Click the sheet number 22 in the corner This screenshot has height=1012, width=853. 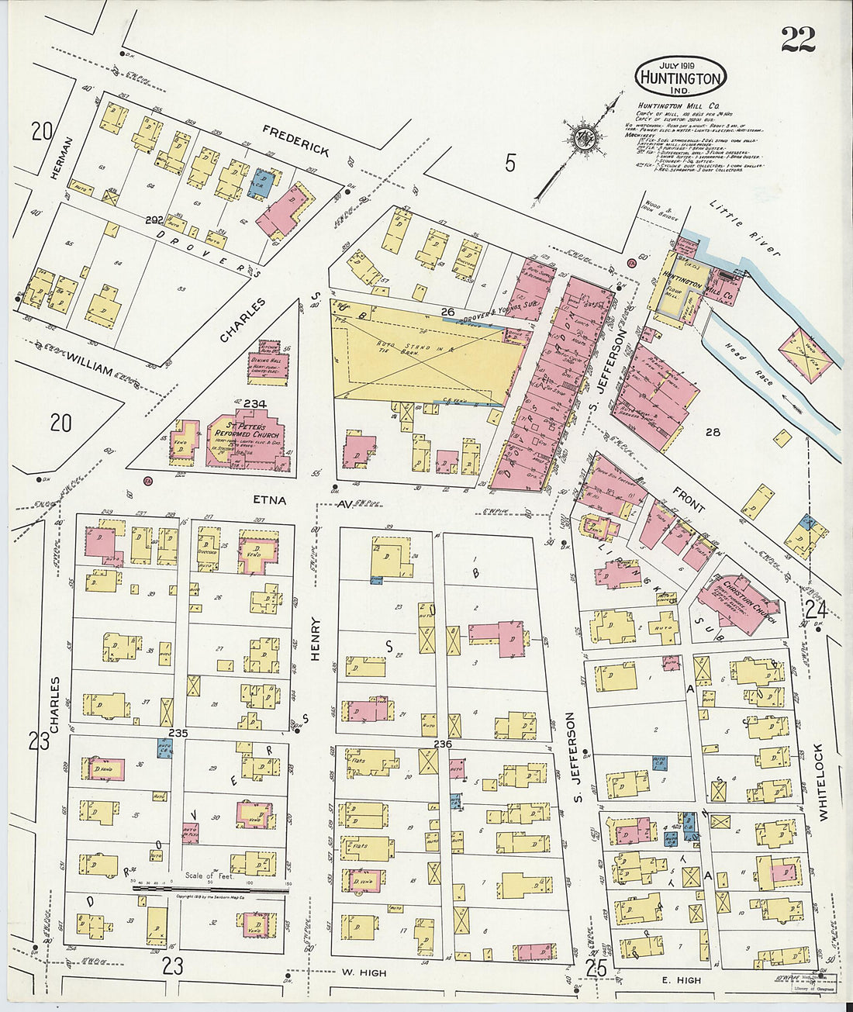click(x=797, y=39)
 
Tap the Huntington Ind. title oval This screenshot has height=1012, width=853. click(x=681, y=76)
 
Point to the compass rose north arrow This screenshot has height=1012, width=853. click(x=582, y=140)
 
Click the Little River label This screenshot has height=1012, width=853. click(x=744, y=227)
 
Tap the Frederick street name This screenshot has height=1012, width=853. click(x=295, y=140)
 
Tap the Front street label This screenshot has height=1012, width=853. click(x=688, y=500)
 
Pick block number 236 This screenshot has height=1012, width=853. click(x=443, y=744)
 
